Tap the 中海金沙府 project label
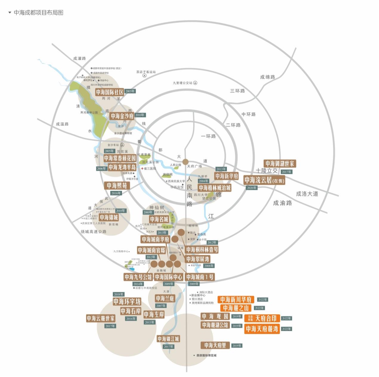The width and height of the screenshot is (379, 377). (122, 116)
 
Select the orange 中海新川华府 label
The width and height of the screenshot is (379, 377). (236, 300)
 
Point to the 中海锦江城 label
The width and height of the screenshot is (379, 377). (168, 339)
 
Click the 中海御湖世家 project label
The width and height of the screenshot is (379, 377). (280, 164)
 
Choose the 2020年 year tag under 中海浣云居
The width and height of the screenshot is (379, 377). (251, 188)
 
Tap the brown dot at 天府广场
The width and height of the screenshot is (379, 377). (185, 162)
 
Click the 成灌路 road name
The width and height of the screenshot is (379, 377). (79, 58)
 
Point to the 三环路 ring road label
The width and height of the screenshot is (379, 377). (237, 91)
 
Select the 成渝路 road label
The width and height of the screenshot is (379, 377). (282, 203)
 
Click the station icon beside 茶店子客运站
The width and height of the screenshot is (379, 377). (144, 76)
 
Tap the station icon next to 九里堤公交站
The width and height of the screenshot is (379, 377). (195, 83)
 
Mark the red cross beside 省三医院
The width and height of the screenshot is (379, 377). (142, 168)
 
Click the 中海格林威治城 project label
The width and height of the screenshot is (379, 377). (215, 188)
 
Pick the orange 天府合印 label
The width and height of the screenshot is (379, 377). (262, 318)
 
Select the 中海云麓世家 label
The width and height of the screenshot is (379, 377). (101, 318)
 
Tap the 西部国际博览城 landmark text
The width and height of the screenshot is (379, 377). (206, 356)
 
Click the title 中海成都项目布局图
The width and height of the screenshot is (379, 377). (38, 13)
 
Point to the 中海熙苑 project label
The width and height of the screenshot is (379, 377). (117, 186)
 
